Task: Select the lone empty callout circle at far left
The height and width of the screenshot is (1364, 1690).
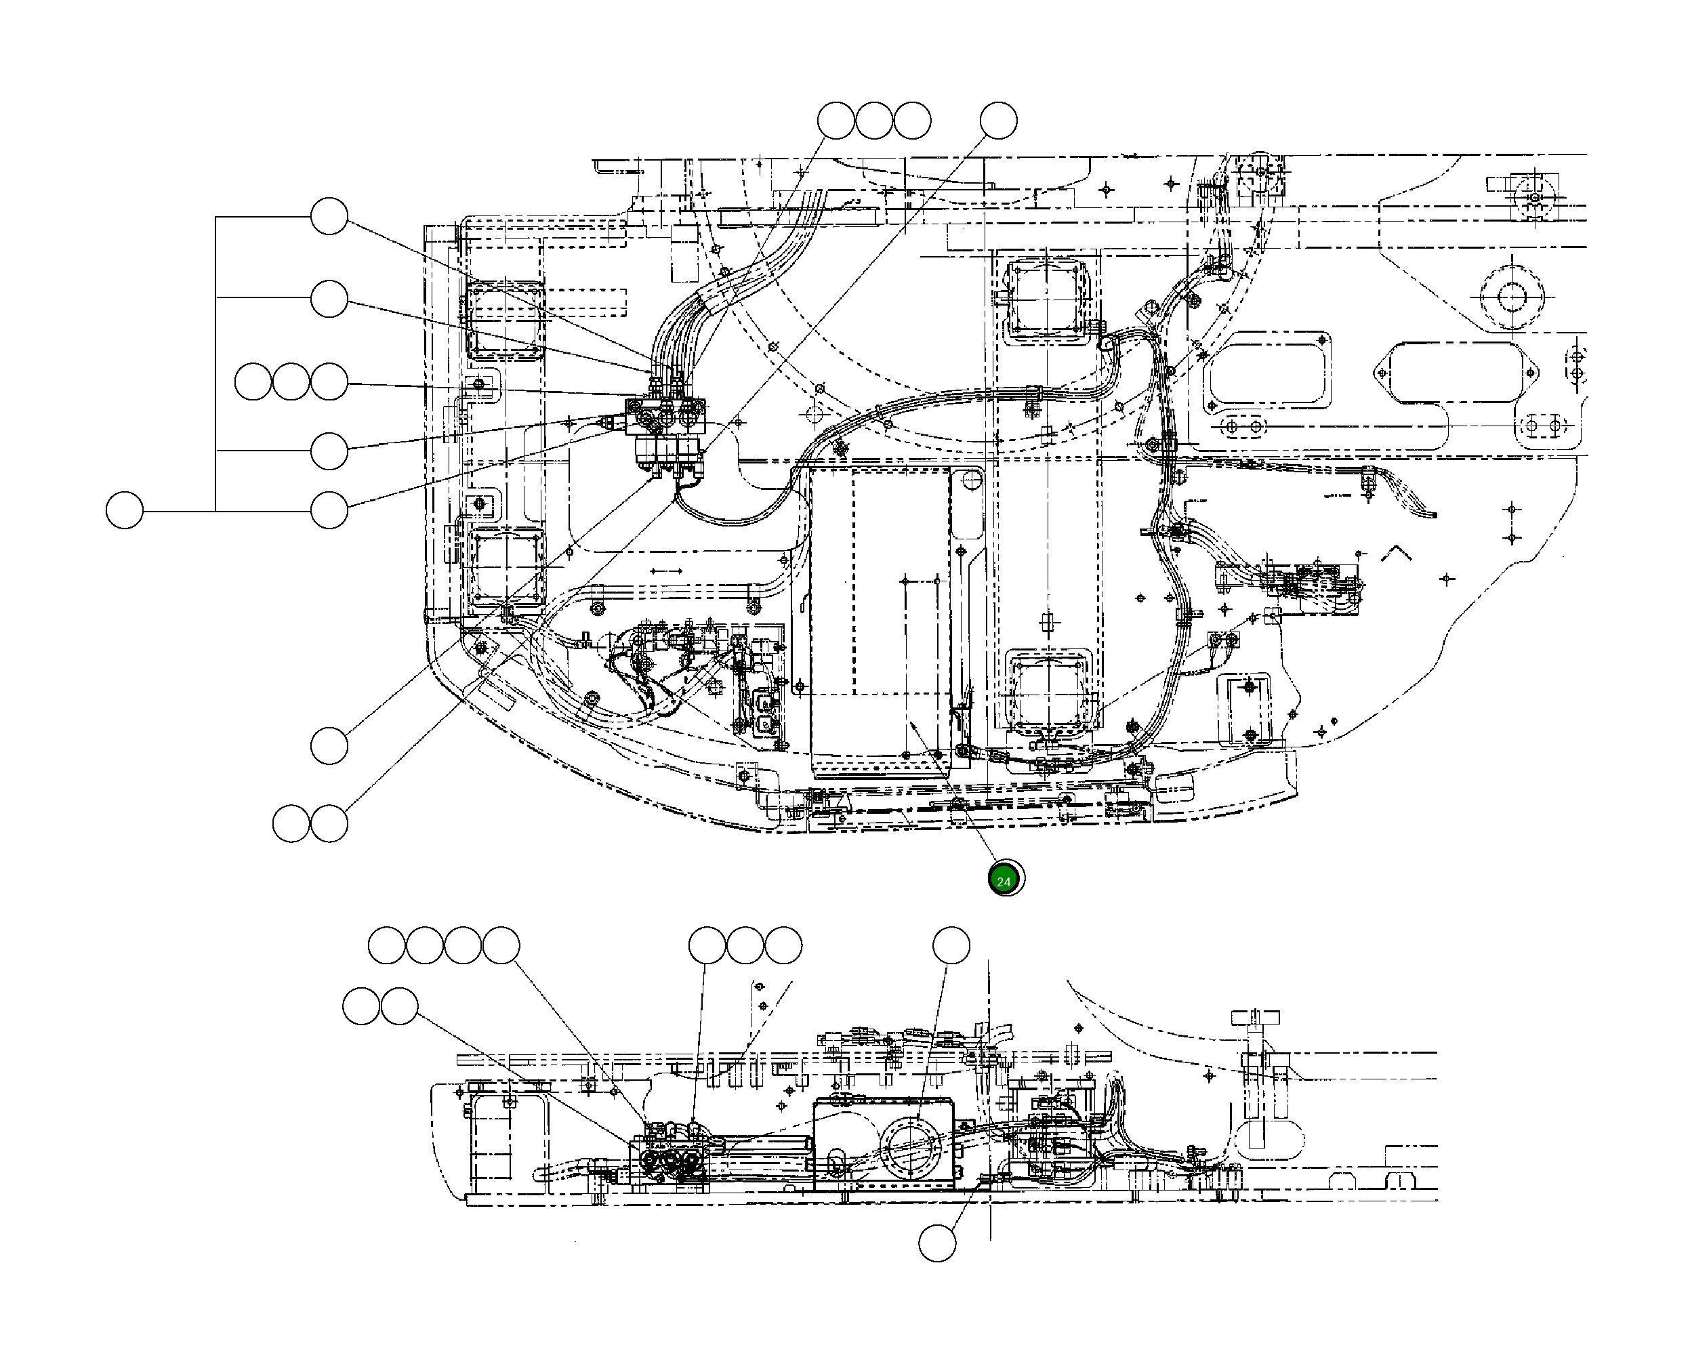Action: [x=124, y=511]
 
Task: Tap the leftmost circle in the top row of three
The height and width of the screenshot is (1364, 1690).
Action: [x=836, y=121]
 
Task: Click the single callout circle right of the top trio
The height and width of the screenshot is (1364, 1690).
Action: [x=999, y=121]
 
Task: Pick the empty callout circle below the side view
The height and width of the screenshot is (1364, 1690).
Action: [x=937, y=1243]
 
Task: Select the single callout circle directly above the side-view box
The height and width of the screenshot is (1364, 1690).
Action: [x=951, y=945]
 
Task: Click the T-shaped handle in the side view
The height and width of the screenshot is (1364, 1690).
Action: [x=1256, y=1018]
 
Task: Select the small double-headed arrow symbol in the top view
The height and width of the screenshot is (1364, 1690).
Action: [x=666, y=571]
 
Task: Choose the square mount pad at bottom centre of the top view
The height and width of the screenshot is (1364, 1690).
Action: [x=1049, y=691]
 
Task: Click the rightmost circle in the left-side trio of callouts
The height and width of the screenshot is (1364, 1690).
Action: [x=329, y=382]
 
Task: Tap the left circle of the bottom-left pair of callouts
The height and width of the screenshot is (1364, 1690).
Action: [x=291, y=823]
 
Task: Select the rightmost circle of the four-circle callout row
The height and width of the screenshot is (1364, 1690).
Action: [x=501, y=945]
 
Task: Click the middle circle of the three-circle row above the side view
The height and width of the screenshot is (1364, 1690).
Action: [x=745, y=945]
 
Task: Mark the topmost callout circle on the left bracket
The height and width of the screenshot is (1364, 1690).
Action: [x=329, y=216]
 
